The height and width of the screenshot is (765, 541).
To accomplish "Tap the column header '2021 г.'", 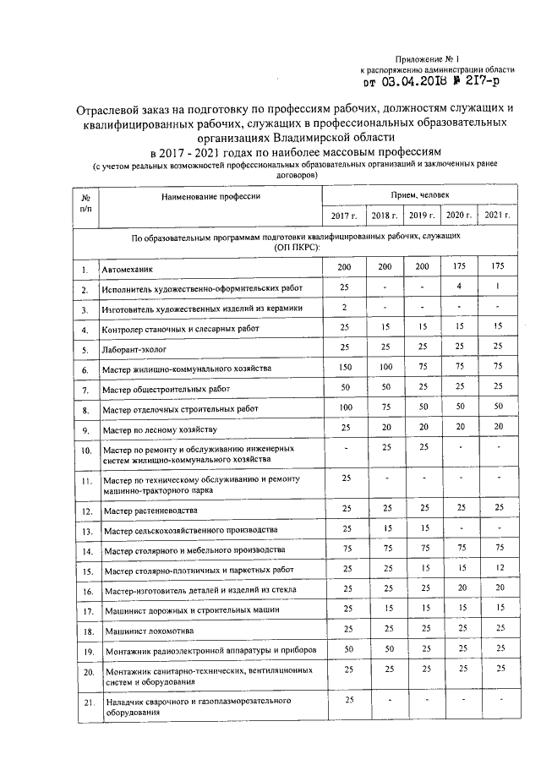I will pos(497,216).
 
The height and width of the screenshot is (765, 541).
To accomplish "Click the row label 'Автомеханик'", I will pos(128,270).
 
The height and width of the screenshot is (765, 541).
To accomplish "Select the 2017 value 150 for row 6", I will pos(344,368).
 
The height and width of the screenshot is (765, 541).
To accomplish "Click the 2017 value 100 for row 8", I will pos(344,407).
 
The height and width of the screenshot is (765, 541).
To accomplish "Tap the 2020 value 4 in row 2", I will pos(458,287).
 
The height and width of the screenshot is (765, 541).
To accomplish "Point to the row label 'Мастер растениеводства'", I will pos(150,511).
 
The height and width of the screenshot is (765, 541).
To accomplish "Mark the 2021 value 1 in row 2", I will pos(499,287).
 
